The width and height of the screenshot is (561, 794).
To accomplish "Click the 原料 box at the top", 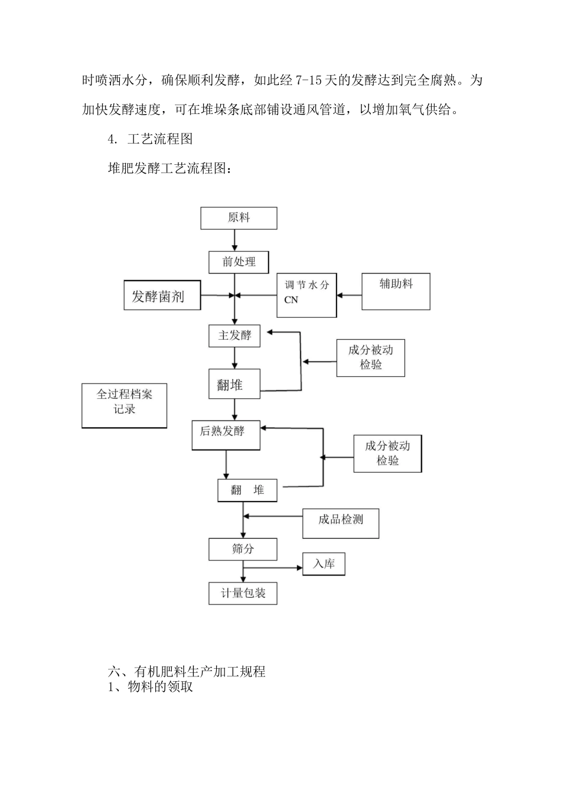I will point(239,218).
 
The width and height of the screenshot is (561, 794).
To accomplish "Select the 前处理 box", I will point(239,262).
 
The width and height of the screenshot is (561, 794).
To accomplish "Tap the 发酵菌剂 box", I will point(162,295).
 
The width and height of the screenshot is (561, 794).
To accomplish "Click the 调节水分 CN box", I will point(306,295).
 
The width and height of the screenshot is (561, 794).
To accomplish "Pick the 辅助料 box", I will point(396,291).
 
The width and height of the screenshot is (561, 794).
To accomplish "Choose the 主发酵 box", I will point(234,336).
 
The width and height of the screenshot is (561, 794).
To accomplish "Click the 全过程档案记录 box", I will point(124,405).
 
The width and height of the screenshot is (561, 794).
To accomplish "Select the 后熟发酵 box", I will point(226,435).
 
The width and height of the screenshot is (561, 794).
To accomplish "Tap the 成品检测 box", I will point(341,523).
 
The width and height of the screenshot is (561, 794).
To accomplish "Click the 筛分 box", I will point(243,549).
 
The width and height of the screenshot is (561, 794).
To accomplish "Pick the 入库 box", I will point(324,564).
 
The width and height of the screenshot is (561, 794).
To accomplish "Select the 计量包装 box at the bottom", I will point(243,593).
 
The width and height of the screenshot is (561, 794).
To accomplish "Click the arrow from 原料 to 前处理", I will point(235,240).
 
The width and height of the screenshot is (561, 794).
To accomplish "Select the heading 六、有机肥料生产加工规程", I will point(187,672).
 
